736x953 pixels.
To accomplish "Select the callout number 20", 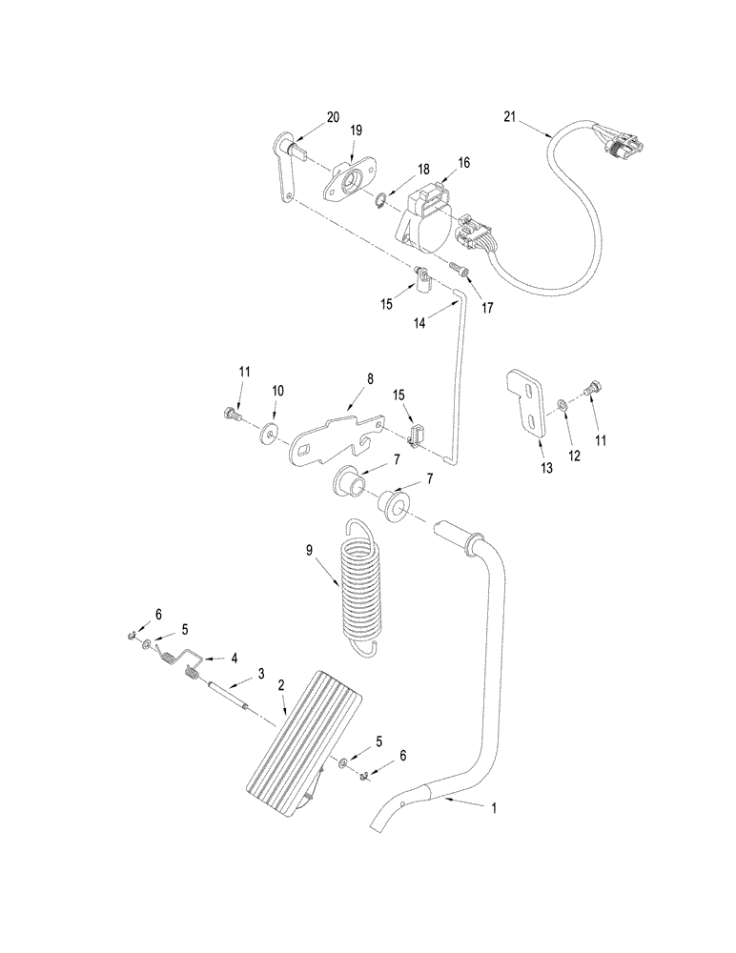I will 332,117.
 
